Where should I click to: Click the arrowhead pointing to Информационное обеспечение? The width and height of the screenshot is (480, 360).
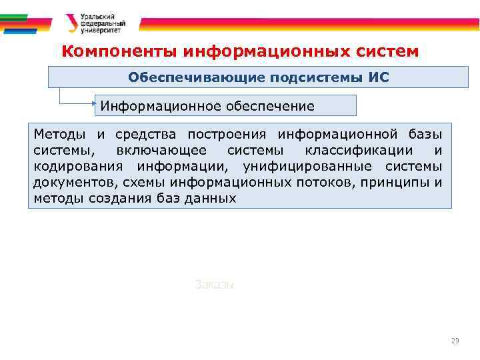point(95,104)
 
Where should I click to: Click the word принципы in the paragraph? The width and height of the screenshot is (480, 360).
point(389,182)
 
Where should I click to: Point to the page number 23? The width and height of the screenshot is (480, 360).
point(455,341)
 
